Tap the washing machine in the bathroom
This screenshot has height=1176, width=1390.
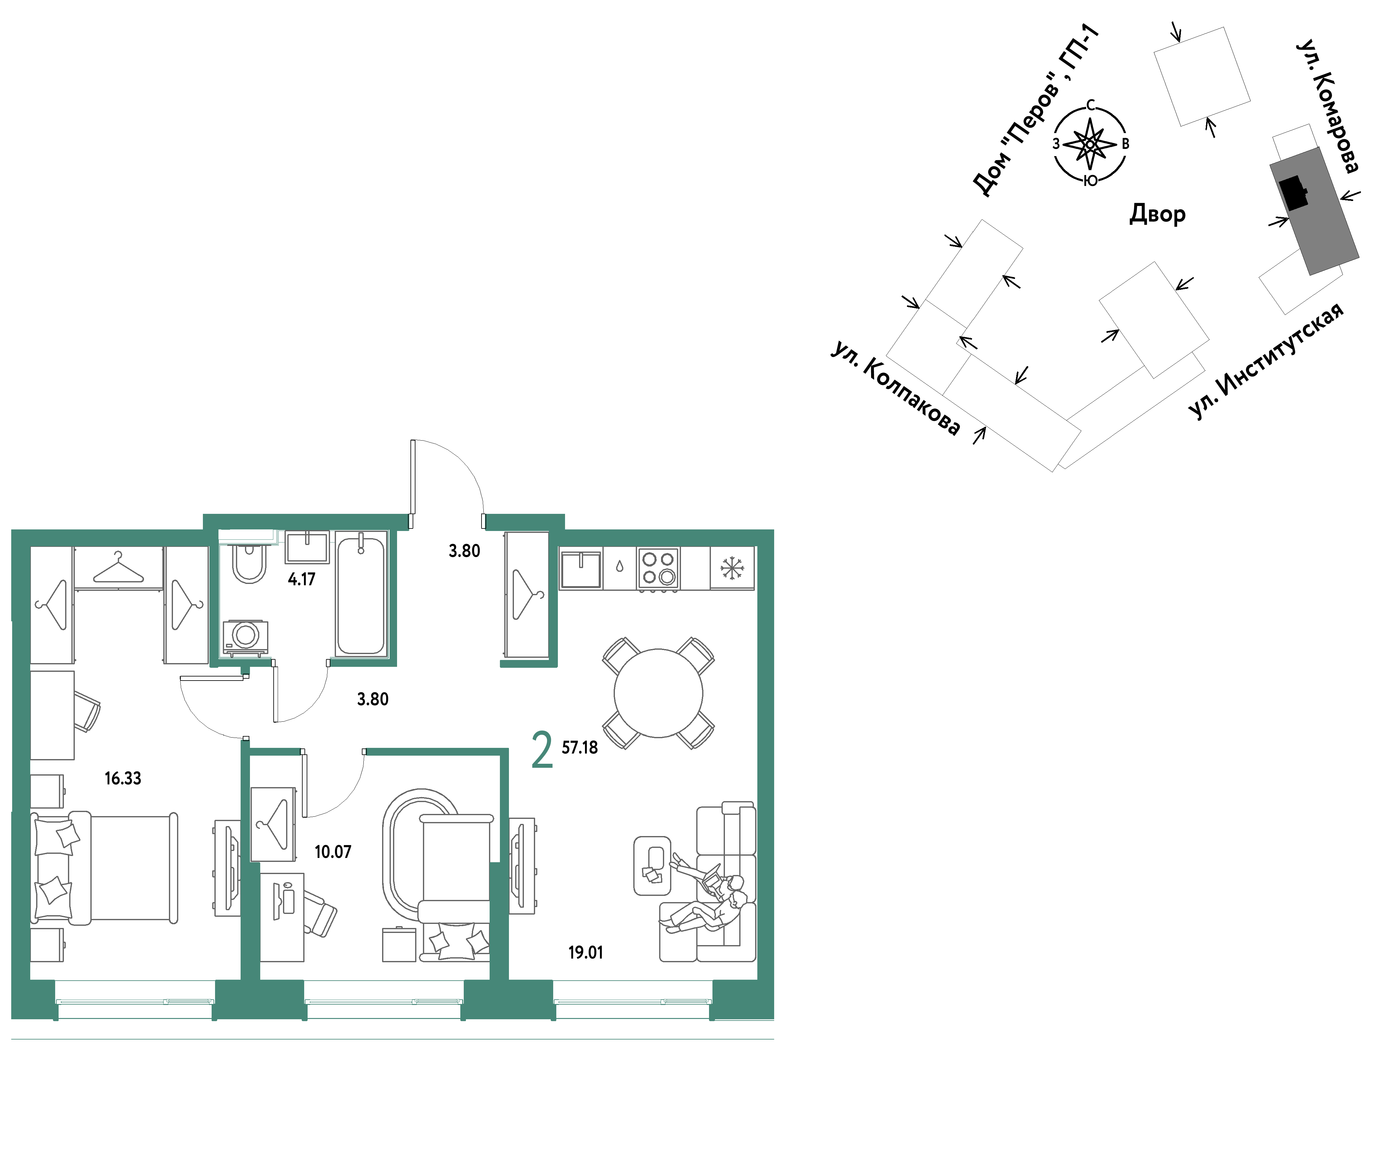click(x=245, y=637)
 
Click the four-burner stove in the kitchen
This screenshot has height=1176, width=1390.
click(x=658, y=568)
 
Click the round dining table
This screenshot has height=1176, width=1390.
click(x=658, y=693)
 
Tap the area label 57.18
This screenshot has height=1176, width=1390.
click(x=579, y=747)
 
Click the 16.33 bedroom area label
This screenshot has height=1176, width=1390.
click(x=123, y=778)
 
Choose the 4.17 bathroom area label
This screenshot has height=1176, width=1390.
click(x=301, y=579)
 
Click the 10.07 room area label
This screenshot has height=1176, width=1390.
click(x=333, y=851)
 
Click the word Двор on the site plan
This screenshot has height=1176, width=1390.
click(x=1157, y=214)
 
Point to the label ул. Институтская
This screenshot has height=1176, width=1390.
click(x=1265, y=361)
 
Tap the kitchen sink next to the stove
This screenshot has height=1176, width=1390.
click(x=581, y=569)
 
